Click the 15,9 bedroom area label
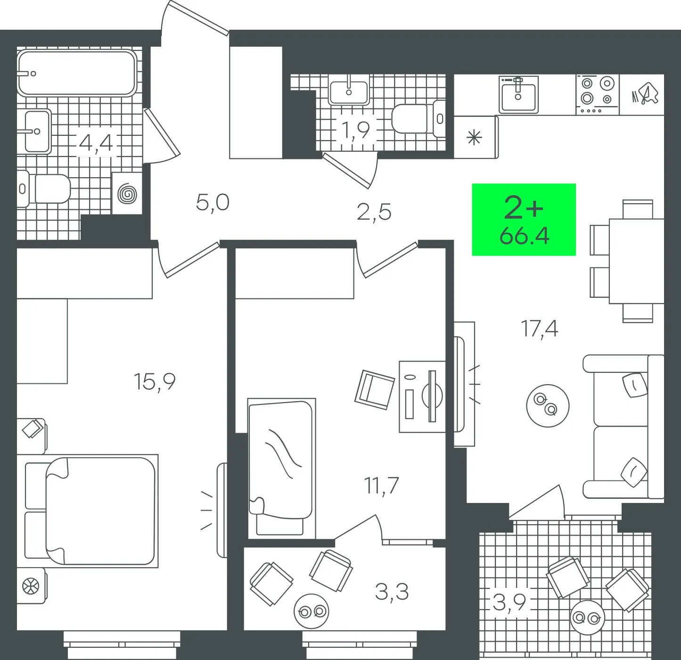pos(155,382)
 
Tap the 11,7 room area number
pos(381,486)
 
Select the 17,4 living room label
pos(539,329)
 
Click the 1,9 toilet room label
pos(356,130)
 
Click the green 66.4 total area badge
pos(524,220)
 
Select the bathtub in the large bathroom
pos(77,73)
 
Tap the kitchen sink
pos(518,95)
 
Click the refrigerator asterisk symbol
pos(474,138)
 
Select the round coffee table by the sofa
pos(548,405)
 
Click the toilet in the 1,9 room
pos(418,119)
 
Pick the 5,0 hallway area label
pos(213,203)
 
